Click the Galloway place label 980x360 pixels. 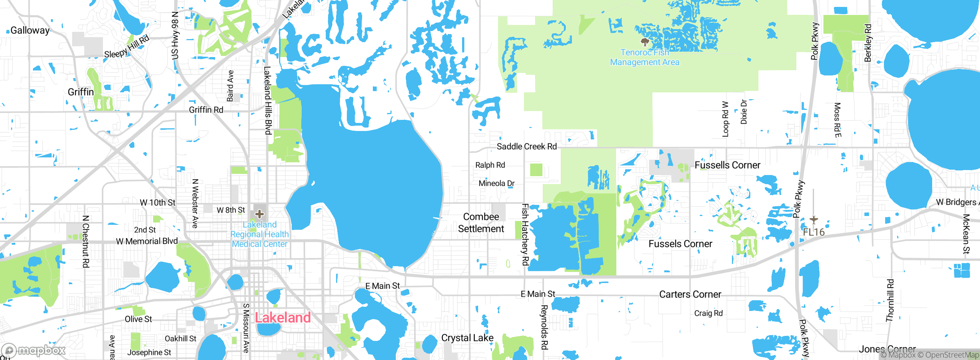coord(30,30)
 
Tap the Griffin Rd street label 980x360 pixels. coord(206,110)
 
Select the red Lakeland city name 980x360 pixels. coord(283,317)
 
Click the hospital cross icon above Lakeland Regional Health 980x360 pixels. coord(260,214)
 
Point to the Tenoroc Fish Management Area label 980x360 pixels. coord(645,57)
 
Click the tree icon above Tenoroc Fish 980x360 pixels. coord(645,41)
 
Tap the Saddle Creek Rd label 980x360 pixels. coord(526,146)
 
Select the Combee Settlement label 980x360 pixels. coord(481,223)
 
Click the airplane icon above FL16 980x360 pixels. coord(813,220)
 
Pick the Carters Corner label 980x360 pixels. coord(690,294)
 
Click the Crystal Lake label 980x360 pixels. coord(467,338)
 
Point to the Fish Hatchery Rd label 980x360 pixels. coord(525,234)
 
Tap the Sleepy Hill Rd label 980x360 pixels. coord(127,47)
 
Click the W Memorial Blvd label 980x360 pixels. coord(147,241)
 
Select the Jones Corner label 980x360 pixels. coord(887,349)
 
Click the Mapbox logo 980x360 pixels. coord(34,350)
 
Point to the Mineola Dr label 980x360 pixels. coord(497,183)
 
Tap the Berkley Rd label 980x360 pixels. coord(868,43)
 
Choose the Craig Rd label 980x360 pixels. coord(708,313)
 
